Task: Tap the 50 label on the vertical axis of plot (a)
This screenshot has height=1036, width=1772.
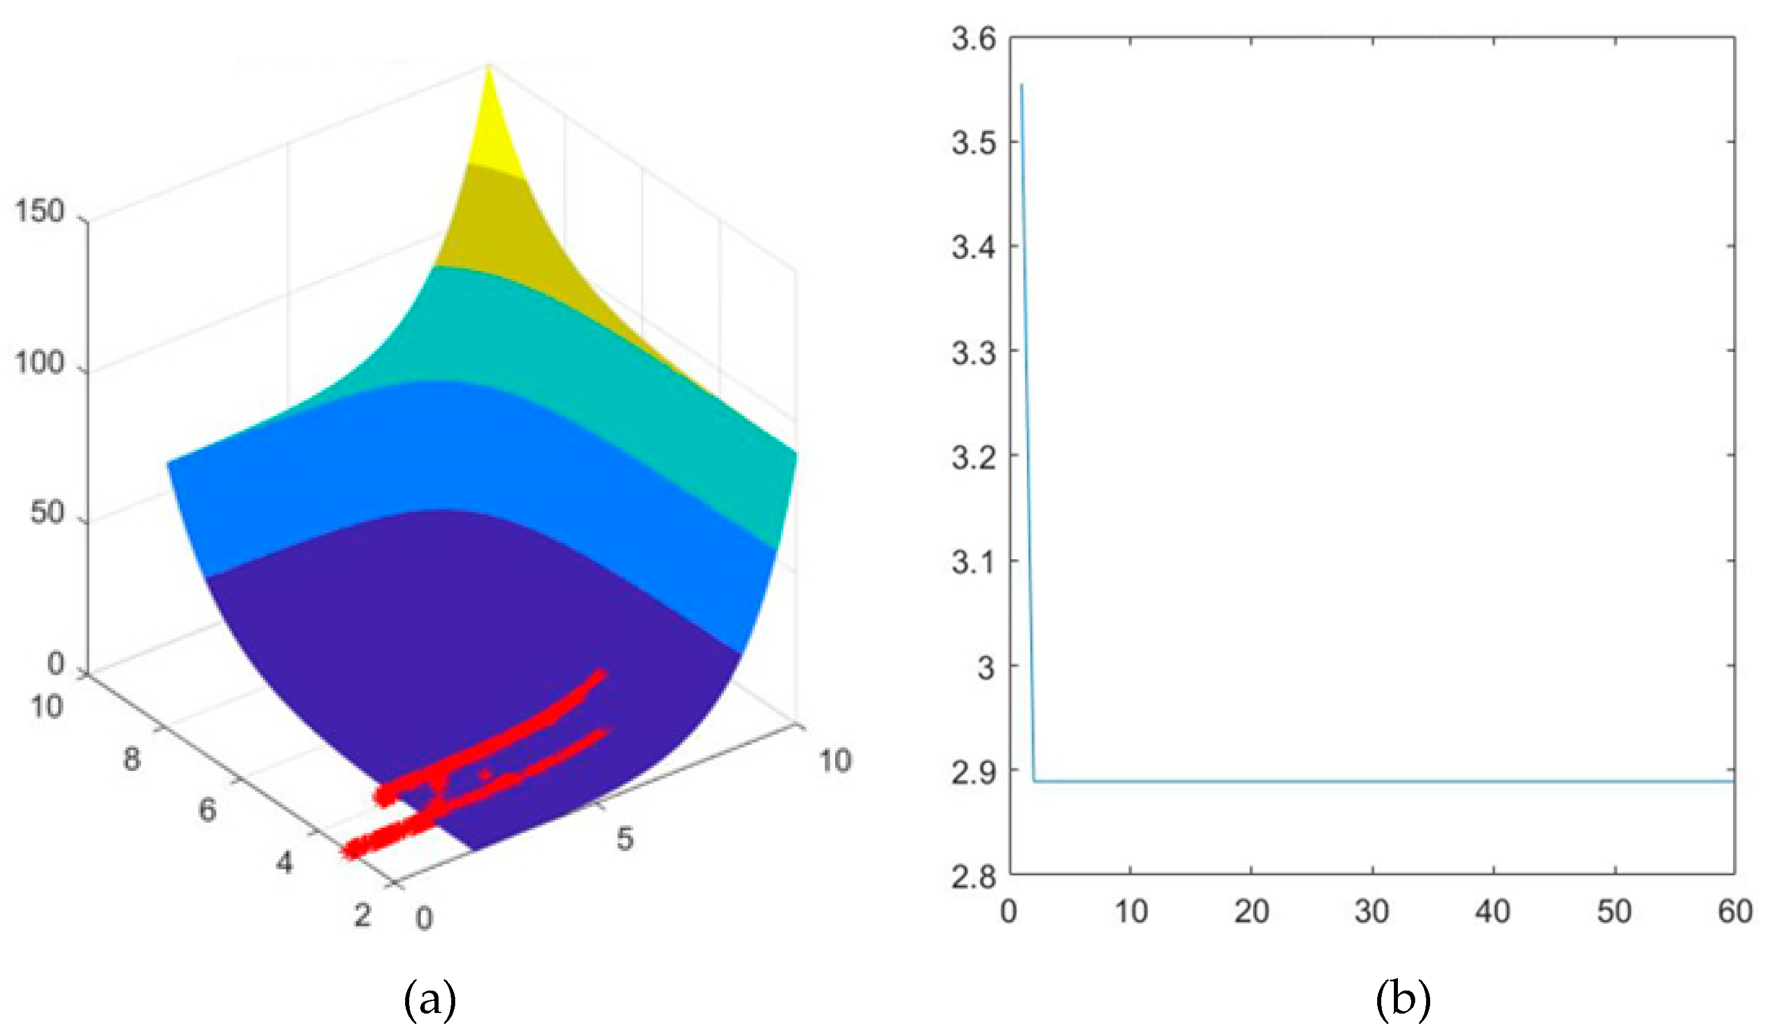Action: coord(47,513)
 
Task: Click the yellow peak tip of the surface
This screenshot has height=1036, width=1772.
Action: coord(489,67)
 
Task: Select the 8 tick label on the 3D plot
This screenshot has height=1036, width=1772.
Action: coord(131,759)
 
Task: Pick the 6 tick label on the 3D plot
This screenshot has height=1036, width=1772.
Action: coord(207,811)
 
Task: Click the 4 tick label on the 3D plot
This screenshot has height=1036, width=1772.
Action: coord(283,862)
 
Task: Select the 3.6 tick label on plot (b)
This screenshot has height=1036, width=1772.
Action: coord(974,38)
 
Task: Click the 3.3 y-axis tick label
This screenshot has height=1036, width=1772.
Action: coord(974,352)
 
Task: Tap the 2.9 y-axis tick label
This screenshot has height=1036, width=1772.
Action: coord(974,771)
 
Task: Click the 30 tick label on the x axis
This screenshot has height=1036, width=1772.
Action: coord(1372,912)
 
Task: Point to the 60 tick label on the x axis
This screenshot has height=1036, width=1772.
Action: coord(1735,912)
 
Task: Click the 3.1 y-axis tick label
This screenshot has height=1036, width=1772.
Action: coord(974,561)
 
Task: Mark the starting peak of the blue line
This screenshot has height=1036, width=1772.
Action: coord(1022,85)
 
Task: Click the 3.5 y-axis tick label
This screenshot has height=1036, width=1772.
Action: coord(974,143)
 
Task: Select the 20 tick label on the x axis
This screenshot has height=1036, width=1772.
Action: coord(1252,912)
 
